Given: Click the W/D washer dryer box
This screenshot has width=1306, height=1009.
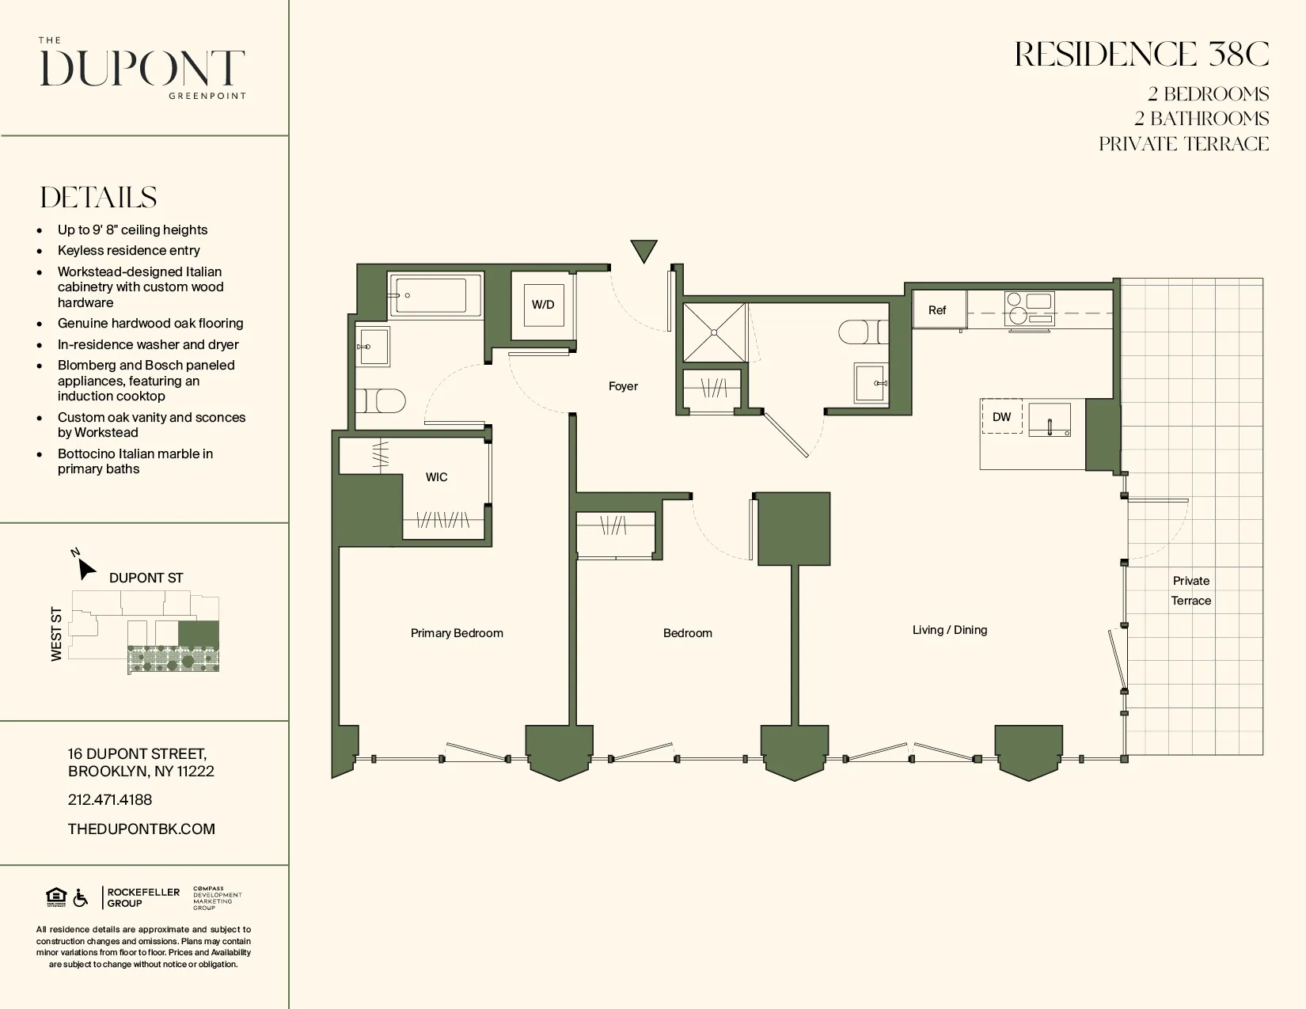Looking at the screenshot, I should (x=543, y=305).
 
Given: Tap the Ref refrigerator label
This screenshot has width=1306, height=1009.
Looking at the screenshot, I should (x=937, y=310).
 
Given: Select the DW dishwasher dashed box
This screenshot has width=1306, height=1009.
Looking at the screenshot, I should (x=1002, y=417).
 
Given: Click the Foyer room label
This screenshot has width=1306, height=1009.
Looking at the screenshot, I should (x=623, y=386).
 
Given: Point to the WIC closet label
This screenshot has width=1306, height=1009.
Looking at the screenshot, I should (x=436, y=477).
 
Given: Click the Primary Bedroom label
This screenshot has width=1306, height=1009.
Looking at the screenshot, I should (x=457, y=633).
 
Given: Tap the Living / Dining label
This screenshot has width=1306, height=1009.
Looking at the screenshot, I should (x=949, y=630).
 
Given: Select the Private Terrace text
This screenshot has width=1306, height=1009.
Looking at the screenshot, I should (x=1190, y=590).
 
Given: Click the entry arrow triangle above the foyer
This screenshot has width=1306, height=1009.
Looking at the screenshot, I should (x=644, y=251).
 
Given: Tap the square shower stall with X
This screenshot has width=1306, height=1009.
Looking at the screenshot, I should (x=715, y=332).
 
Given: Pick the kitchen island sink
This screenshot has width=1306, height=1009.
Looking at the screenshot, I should (x=1050, y=419).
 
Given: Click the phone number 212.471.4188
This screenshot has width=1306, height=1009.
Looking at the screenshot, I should (x=110, y=800).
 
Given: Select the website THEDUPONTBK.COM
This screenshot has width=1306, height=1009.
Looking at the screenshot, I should (x=142, y=829).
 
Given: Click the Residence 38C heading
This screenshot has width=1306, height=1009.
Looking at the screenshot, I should (x=1141, y=55).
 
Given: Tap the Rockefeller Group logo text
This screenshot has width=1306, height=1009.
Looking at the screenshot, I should (x=143, y=897).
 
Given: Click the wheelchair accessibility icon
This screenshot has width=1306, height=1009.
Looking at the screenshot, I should (x=81, y=898).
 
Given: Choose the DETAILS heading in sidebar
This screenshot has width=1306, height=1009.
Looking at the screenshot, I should (x=99, y=198).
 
